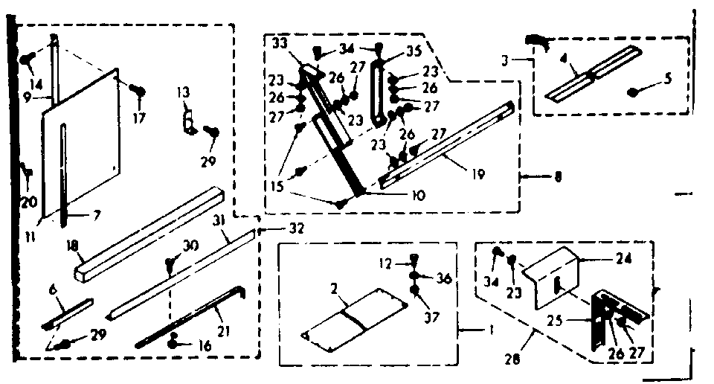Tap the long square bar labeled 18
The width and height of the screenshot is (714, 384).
[x=149, y=231]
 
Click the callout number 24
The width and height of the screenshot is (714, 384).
[x=623, y=260]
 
